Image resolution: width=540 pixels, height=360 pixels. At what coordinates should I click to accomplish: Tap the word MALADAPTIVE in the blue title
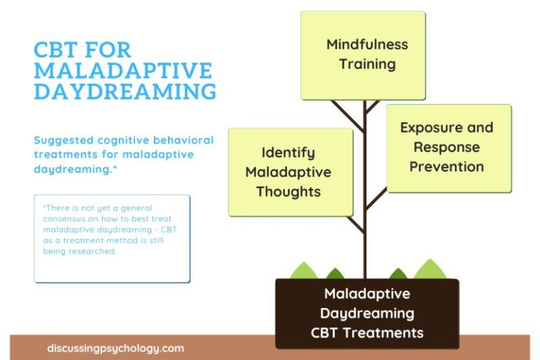(123, 71)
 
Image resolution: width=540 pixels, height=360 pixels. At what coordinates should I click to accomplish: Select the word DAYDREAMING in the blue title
(125, 91)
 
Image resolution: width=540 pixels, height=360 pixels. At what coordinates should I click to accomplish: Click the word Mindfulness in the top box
(367, 44)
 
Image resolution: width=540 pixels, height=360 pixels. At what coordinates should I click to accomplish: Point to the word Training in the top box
(367, 64)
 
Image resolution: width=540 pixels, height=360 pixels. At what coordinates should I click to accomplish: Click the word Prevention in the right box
(446, 167)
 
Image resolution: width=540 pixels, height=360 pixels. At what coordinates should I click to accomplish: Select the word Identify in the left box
(288, 153)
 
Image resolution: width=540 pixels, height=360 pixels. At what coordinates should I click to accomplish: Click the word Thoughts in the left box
(288, 192)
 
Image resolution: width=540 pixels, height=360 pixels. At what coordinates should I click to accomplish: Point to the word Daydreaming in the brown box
(367, 313)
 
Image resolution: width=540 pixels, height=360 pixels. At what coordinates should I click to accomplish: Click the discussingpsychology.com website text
(116, 348)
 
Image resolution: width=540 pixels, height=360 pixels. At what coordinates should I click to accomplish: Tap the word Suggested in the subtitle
(64, 140)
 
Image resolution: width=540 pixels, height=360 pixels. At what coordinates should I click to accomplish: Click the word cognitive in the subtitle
(126, 140)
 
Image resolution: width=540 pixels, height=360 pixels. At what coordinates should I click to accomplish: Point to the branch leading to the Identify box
(356, 224)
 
